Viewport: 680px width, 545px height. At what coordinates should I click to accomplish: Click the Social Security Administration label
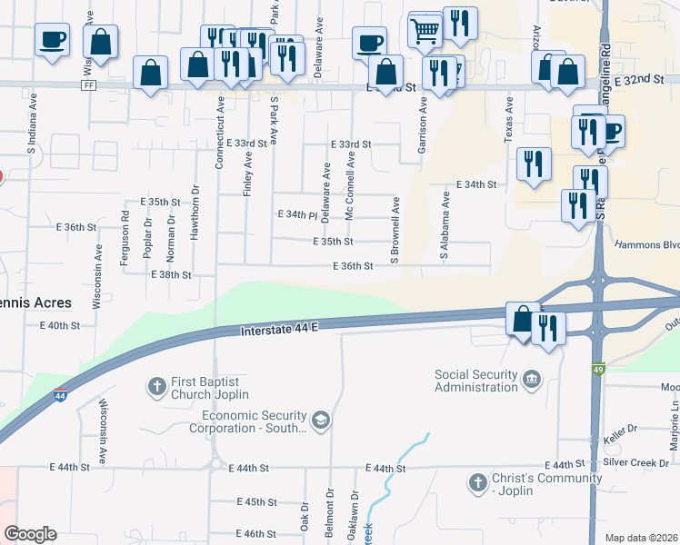click(475, 381)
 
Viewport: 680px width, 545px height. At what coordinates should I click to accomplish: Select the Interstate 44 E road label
click(279, 332)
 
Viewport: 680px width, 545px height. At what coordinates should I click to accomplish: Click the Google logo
click(29, 534)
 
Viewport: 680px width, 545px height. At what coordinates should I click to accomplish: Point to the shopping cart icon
click(425, 32)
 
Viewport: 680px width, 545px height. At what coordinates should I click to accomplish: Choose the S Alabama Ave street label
click(445, 224)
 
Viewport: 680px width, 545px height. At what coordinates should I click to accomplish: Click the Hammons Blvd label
click(647, 244)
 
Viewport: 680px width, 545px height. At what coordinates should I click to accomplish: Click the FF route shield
click(88, 85)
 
